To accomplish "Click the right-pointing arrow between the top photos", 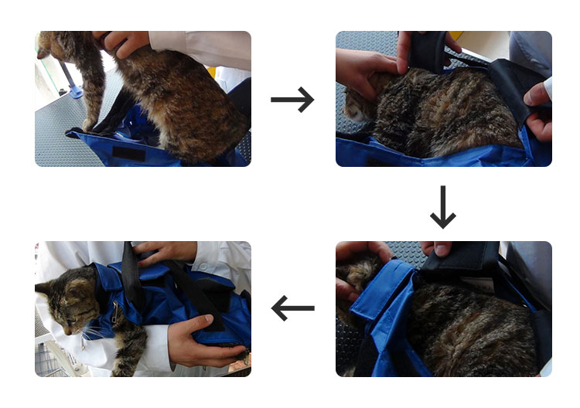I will [x=292, y=99].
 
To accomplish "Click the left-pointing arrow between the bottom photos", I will [x=292, y=308].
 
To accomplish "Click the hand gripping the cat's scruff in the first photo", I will [x=124, y=42].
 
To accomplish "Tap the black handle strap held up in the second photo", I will [x=424, y=49].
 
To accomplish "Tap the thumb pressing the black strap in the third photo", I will [x=439, y=249].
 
